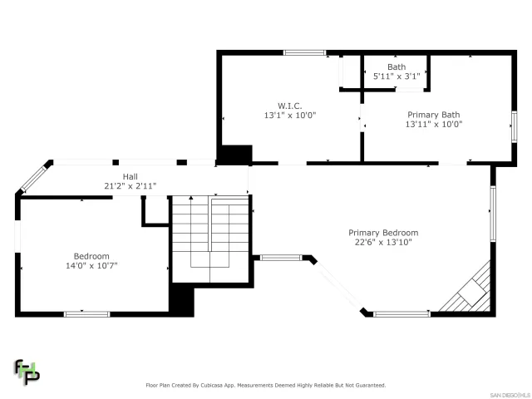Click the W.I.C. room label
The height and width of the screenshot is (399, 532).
pos(289,106)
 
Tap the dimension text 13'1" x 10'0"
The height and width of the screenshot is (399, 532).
pos(289,116)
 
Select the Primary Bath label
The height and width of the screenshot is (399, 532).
pos(433,115)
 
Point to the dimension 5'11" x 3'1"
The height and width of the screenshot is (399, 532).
pos(397,76)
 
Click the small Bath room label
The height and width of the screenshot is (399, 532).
pos(397,66)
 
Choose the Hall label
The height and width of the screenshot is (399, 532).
pos(131,176)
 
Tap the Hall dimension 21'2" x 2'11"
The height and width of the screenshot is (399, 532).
pos(131,185)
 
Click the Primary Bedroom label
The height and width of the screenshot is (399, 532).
pos(383,233)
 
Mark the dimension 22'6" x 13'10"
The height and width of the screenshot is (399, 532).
pos(383,243)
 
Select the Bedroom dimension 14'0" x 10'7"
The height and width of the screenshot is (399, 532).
pos(91,266)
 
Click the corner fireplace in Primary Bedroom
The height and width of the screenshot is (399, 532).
pos(471,290)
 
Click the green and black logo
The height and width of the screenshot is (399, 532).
pos(27,372)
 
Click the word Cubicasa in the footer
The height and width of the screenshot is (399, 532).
pos(234,385)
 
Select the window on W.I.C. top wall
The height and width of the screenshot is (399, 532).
pos(304,53)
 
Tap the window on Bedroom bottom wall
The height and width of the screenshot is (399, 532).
pos(86,313)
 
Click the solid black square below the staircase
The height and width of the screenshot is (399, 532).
pos(182,300)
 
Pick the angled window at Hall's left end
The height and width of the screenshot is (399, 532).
pos(35,177)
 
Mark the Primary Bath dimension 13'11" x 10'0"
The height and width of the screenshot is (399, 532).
pos(433,125)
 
